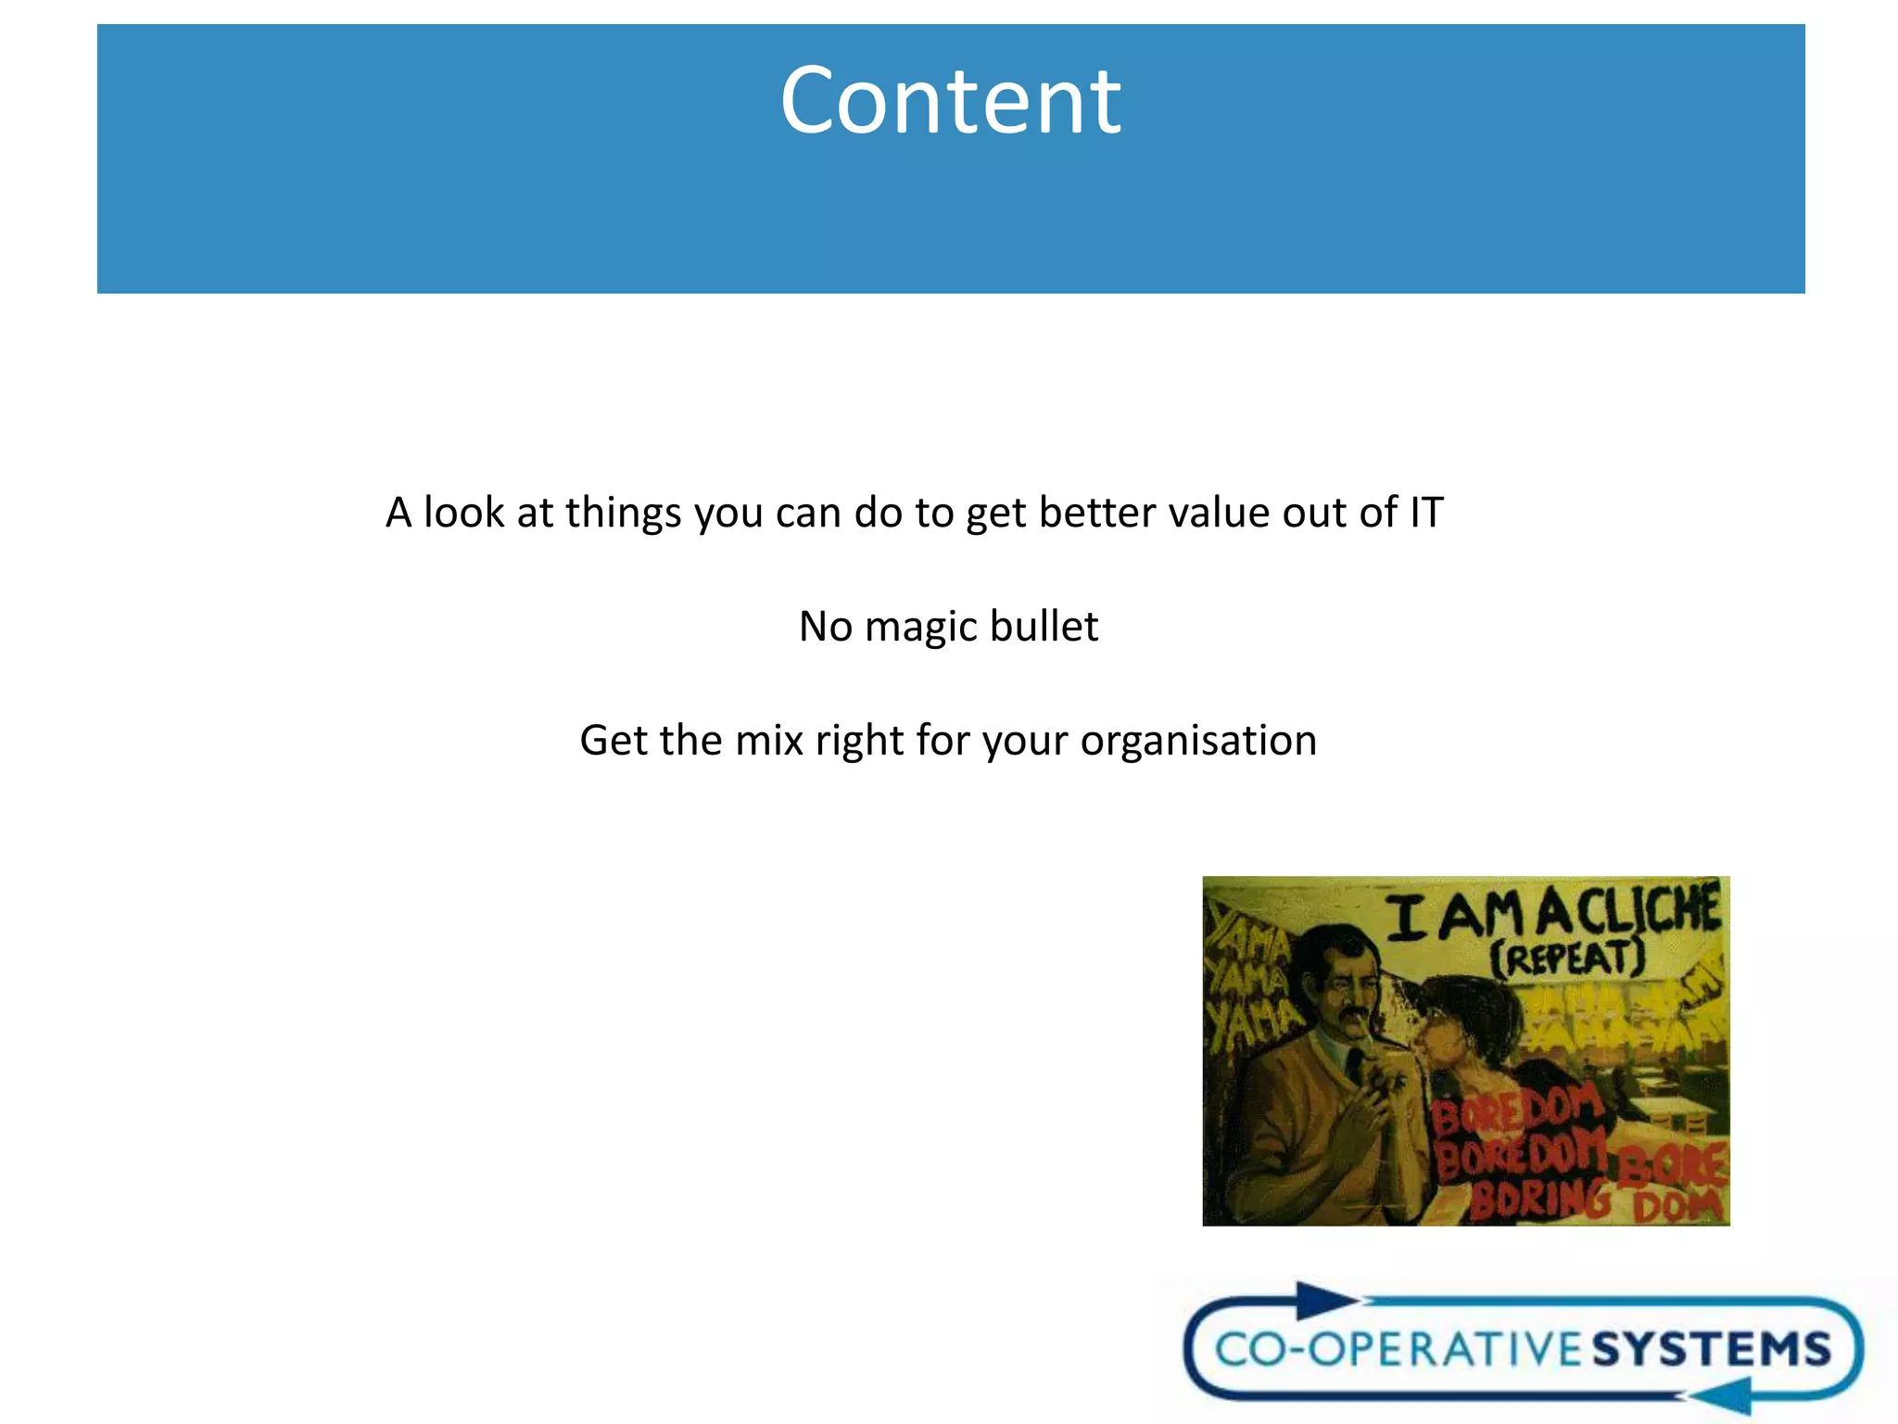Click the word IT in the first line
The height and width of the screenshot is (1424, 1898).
coord(1426,513)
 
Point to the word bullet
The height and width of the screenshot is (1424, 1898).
coord(1044,627)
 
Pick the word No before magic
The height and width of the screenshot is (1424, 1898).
coord(826,627)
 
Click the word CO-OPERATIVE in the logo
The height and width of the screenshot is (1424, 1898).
coord(1401,1349)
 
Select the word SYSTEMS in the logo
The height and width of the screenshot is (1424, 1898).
coord(1712,1349)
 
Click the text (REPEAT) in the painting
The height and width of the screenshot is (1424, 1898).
coord(1566,958)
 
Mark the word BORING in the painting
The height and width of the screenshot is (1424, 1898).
coord(1538,1200)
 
